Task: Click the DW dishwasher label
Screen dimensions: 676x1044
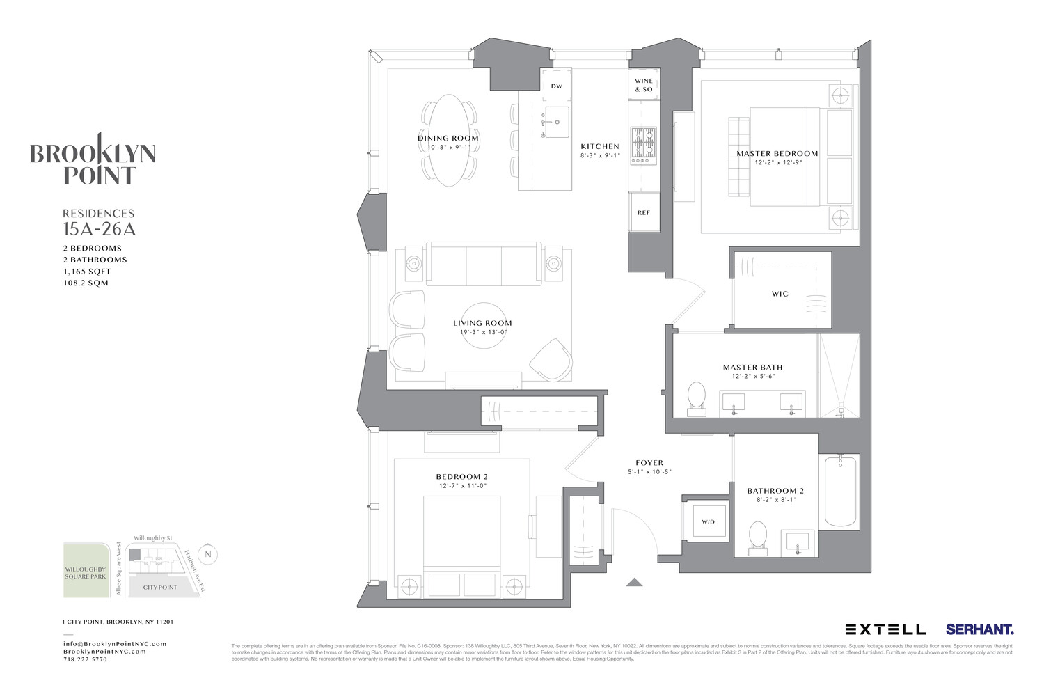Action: (556, 86)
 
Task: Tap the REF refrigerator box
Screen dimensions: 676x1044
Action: (644, 212)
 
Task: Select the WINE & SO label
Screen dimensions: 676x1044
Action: (644, 85)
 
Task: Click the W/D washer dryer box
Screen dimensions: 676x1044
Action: (708, 521)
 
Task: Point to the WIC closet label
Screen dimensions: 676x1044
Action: (780, 294)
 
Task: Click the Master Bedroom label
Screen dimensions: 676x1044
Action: (777, 153)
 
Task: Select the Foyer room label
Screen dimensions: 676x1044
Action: (649, 463)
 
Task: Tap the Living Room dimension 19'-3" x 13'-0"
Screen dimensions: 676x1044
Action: (482, 332)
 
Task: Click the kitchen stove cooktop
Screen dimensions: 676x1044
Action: (643, 145)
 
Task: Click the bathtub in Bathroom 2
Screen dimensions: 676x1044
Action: (841, 491)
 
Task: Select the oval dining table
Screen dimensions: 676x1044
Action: (449, 140)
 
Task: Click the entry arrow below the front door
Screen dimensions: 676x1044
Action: (634, 582)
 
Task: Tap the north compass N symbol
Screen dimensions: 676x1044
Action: (207, 554)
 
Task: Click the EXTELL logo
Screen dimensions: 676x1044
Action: (885, 629)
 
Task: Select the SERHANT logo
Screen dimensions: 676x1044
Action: (979, 629)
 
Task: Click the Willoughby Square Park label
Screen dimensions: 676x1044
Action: (86, 573)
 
